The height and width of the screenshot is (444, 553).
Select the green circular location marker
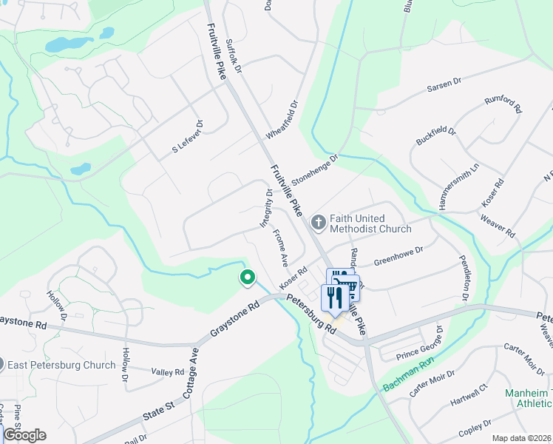(x=246, y=277)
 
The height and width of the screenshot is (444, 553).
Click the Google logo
(x=24, y=435)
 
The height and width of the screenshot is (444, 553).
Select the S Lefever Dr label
(x=187, y=136)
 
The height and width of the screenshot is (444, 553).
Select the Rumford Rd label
(x=503, y=105)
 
